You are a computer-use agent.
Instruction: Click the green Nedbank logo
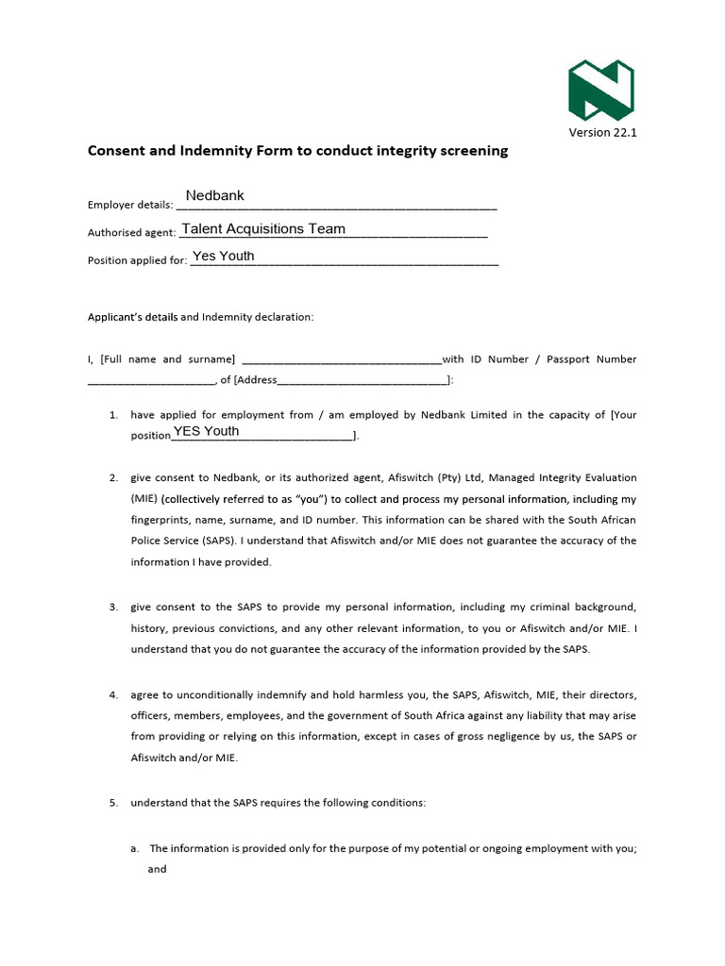600,90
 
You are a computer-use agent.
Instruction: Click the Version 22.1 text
602,132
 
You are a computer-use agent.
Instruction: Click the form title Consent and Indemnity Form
297,150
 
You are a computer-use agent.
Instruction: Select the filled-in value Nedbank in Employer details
214,195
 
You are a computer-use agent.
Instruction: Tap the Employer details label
129,205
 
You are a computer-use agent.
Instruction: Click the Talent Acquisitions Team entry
263,228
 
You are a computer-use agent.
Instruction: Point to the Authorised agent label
131,233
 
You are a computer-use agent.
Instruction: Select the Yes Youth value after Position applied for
223,256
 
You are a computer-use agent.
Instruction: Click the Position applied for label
137,260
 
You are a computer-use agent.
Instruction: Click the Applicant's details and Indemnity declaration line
200,317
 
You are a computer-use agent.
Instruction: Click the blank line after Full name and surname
342,359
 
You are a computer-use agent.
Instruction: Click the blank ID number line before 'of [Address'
151,380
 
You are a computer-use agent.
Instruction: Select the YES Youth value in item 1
206,431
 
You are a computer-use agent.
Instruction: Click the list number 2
112,477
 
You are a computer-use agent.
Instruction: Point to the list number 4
112,694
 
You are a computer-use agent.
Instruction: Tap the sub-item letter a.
135,848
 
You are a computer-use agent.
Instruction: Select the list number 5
112,803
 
